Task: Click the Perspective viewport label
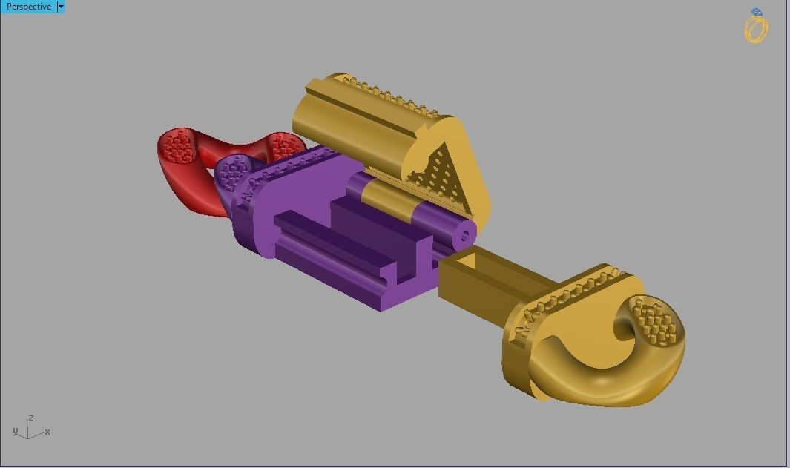(x=29, y=7)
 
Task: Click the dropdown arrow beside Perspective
(x=61, y=7)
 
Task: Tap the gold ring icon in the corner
(x=756, y=29)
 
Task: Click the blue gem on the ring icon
(x=756, y=12)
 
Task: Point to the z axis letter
(x=30, y=418)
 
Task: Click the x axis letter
(x=47, y=431)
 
